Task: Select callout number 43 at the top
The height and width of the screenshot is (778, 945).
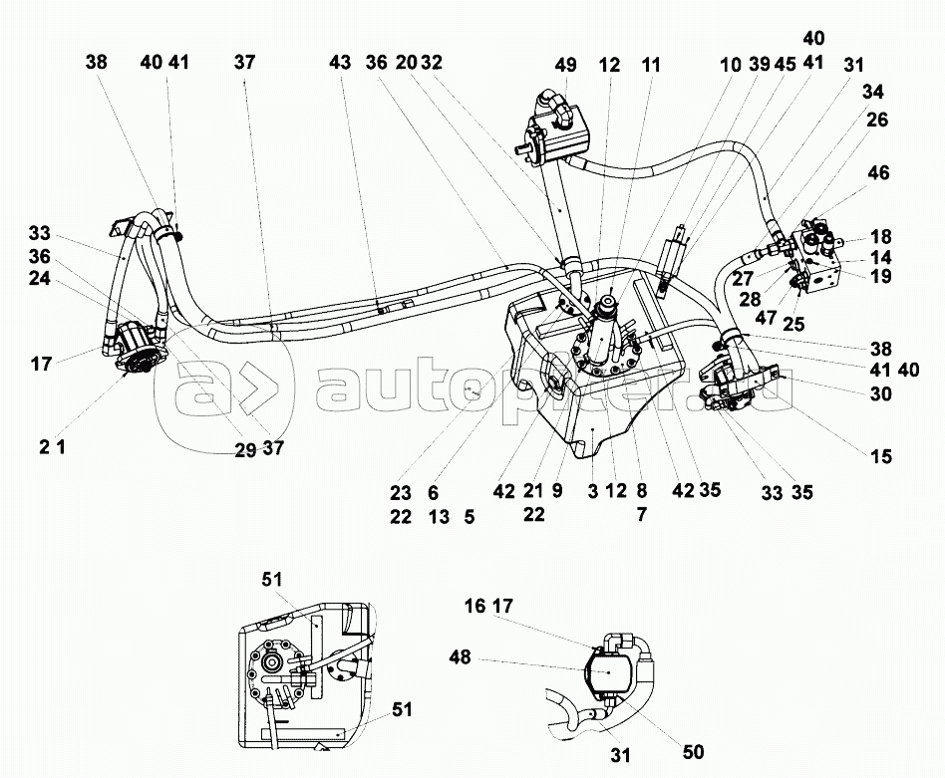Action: click(x=340, y=62)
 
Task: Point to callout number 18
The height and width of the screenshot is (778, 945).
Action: click(x=880, y=238)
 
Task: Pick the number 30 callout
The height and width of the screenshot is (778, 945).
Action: click(x=880, y=393)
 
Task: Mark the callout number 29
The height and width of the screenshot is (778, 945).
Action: click(x=245, y=448)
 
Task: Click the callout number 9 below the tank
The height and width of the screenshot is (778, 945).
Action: click(x=556, y=491)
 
